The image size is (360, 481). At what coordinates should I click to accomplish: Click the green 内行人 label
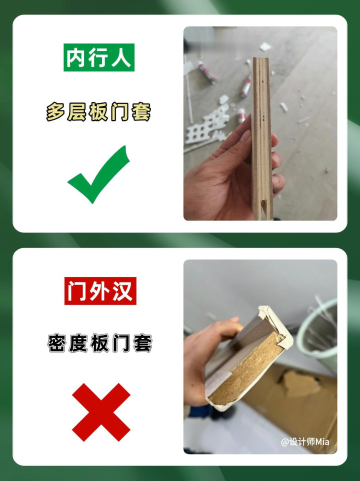click(98, 57)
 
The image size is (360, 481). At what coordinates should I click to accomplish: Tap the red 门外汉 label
click(100, 291)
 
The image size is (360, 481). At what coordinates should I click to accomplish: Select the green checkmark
click(98, 174)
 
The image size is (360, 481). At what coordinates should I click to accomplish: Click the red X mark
click(101, 412)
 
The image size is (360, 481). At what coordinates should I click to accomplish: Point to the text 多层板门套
click(98, 112)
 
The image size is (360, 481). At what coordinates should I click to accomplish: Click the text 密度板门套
click(100, 343)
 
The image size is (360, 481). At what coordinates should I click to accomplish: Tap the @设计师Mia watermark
click(305, 441)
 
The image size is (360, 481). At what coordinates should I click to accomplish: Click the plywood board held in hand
click(261, 138)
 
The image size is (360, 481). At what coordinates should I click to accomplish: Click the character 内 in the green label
click(75, 57)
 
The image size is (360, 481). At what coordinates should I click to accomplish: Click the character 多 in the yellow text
click(55, 112)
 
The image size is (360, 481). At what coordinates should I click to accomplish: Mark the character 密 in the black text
click(57, 343)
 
